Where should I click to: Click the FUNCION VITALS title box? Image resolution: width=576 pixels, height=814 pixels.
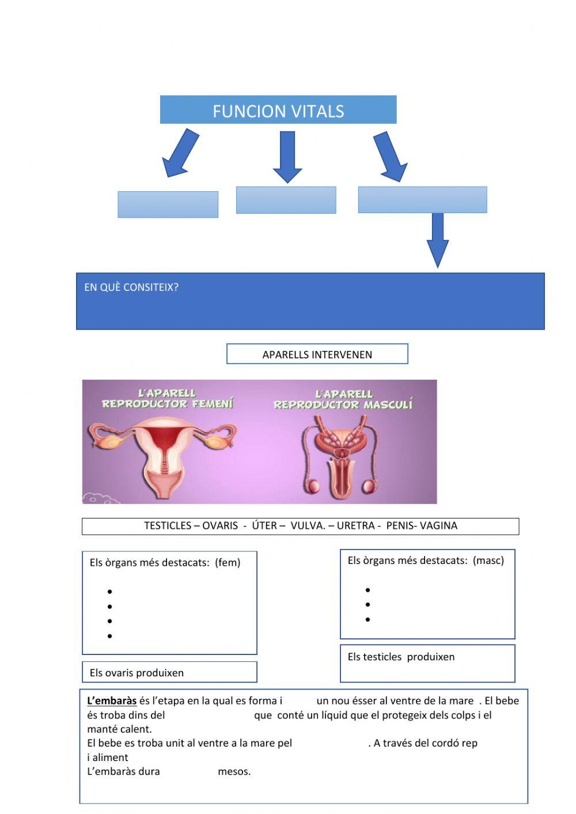pyautogui.click(x=278, y=110)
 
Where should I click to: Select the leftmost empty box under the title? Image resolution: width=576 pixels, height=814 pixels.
pyautogui.click(x=168, y=205)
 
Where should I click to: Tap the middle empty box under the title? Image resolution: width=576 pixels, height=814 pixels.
pyautogui.click(x=286, y=200)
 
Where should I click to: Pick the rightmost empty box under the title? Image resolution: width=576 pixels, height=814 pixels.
pyautogui.click(x=422, y=200)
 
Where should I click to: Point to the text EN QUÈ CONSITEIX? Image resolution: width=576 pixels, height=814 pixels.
pyautogui.click(x=131, y=287)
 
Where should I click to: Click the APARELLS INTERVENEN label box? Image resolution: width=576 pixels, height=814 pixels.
pyautogui.click(x=317, y=354)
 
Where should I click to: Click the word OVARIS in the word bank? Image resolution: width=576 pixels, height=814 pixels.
pyautogui.click(x=220, y=525)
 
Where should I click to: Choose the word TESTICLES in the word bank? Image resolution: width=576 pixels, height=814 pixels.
pyautogui.click(x=168, y=525)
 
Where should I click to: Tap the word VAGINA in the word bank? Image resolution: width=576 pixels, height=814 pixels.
pyautogui.click(x=438, y=525)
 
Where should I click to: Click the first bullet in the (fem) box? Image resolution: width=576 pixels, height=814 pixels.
pyautogui.click(x=109, y=592)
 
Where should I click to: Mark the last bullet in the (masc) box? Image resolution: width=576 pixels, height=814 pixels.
pyautogui.click(x=367, y=620)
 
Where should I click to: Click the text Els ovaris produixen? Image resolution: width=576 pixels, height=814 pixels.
pyautogui.click(x=137, y=673)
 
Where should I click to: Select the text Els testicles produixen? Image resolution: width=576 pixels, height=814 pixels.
pyautogui.click(x=401, y=657)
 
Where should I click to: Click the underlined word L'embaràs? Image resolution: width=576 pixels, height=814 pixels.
pyautogui.click(x=112, y=701)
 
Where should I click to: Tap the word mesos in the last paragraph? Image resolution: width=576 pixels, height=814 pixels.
pyautogui.click(x=234, y=771)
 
